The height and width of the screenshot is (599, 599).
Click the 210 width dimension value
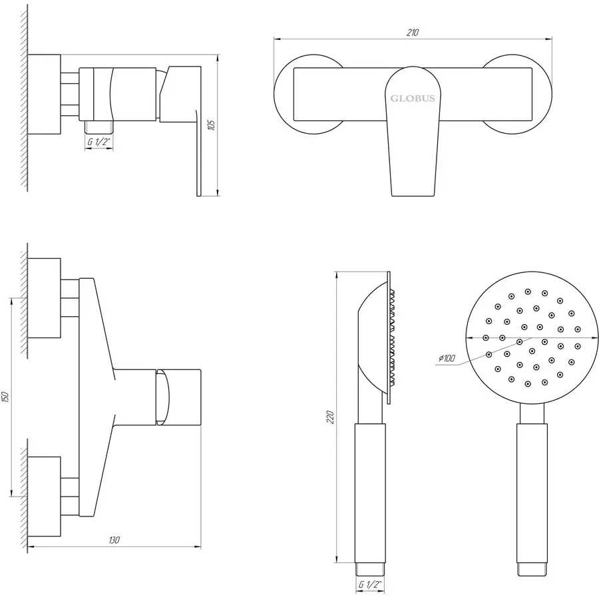pos(413,33)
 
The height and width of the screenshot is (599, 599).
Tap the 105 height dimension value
pos(211,125)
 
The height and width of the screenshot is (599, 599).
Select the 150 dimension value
pos(5,397)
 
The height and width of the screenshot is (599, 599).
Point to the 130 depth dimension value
pos(114,540)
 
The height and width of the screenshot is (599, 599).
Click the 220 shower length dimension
pos(330,417)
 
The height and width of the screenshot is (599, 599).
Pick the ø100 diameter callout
pos(447,358)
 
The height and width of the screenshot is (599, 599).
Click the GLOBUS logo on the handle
pos(413,99)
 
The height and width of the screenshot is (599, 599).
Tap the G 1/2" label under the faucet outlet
pos(99,141)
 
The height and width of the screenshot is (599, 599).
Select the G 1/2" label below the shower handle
pos(370,584)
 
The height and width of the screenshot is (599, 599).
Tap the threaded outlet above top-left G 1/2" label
pos(99,126)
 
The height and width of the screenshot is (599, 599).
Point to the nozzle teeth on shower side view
pos(392,337)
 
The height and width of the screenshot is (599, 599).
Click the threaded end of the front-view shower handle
pos(532,569)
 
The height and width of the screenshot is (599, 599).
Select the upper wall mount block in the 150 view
pos(45,298)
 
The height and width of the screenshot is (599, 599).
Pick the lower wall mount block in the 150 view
pos(45,497)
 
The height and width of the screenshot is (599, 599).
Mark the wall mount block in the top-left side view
pos(45,95)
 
